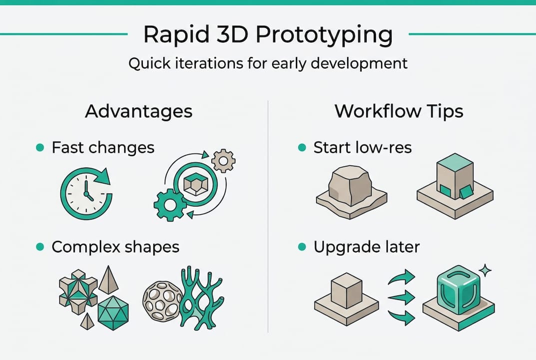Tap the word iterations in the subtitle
pyautogui.click(x=205, y=64)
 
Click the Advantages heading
pyautogui.click(x=138, y=111)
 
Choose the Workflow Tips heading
pyautogui.click(x=399, y=111)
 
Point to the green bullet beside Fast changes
pyautogui.click(x=40, y=147)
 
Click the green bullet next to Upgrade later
pyautogui.click(x=301, y=247)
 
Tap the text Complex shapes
pyautogui.click(x=115, y=247)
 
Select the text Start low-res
pyautogui.click(x=362, y=147)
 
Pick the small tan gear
pyautogui.click(x=223, y=160)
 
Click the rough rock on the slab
pyautogui.click(x=350, y=185)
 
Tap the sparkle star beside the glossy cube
pyautogui.click(x=484, y=270)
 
